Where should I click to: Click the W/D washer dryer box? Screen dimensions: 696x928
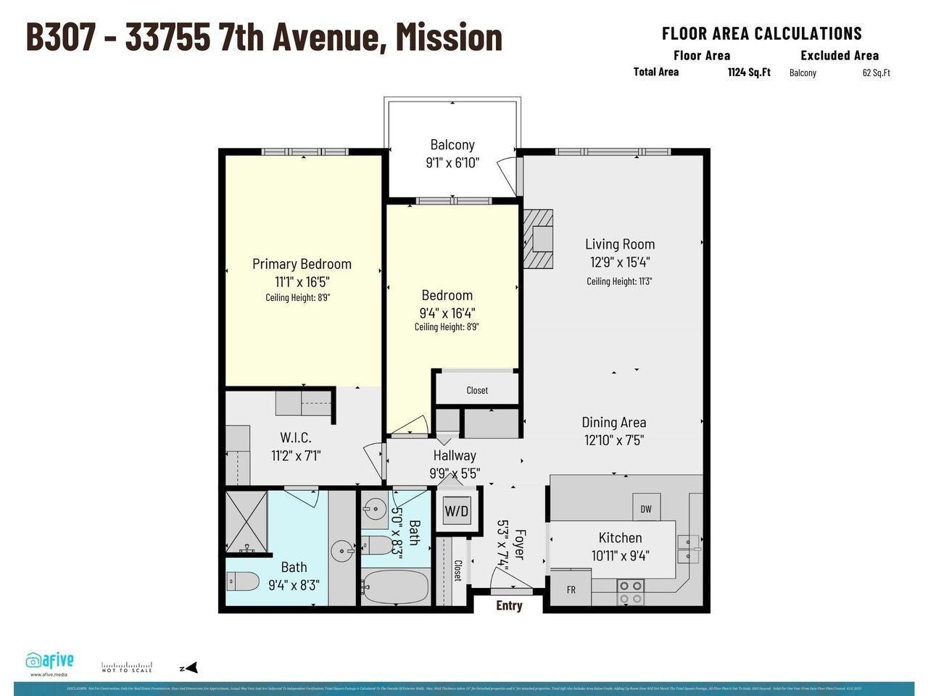(456, 511)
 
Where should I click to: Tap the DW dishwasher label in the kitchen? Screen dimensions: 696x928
(645, 508)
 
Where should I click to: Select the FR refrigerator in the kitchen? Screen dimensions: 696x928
(571, 589)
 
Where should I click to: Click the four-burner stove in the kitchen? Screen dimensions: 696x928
(630, 592)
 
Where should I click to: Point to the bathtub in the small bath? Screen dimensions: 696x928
(396, 587)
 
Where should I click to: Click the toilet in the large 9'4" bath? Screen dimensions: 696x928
(243, 581)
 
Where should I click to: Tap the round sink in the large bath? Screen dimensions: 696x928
(341, 551)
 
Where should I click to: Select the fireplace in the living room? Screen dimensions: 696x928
(538, 239)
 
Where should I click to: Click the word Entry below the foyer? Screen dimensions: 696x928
(509, 605)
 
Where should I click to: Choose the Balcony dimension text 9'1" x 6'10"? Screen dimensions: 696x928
(452, 163)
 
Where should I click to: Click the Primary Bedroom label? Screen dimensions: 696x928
(302, 264)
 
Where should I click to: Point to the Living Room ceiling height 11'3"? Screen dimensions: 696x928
(619, 281)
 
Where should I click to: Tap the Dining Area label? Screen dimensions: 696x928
(613, 422)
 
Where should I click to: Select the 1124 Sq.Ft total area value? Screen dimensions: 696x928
(749, 72)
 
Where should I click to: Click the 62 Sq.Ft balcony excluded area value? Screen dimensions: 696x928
(876, 72)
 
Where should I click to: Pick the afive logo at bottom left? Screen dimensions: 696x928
(50, 660)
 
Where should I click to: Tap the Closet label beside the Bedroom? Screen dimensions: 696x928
(477, 390)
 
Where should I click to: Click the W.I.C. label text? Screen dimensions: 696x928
(296, 437)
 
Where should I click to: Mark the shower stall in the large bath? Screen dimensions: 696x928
(246, 522)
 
